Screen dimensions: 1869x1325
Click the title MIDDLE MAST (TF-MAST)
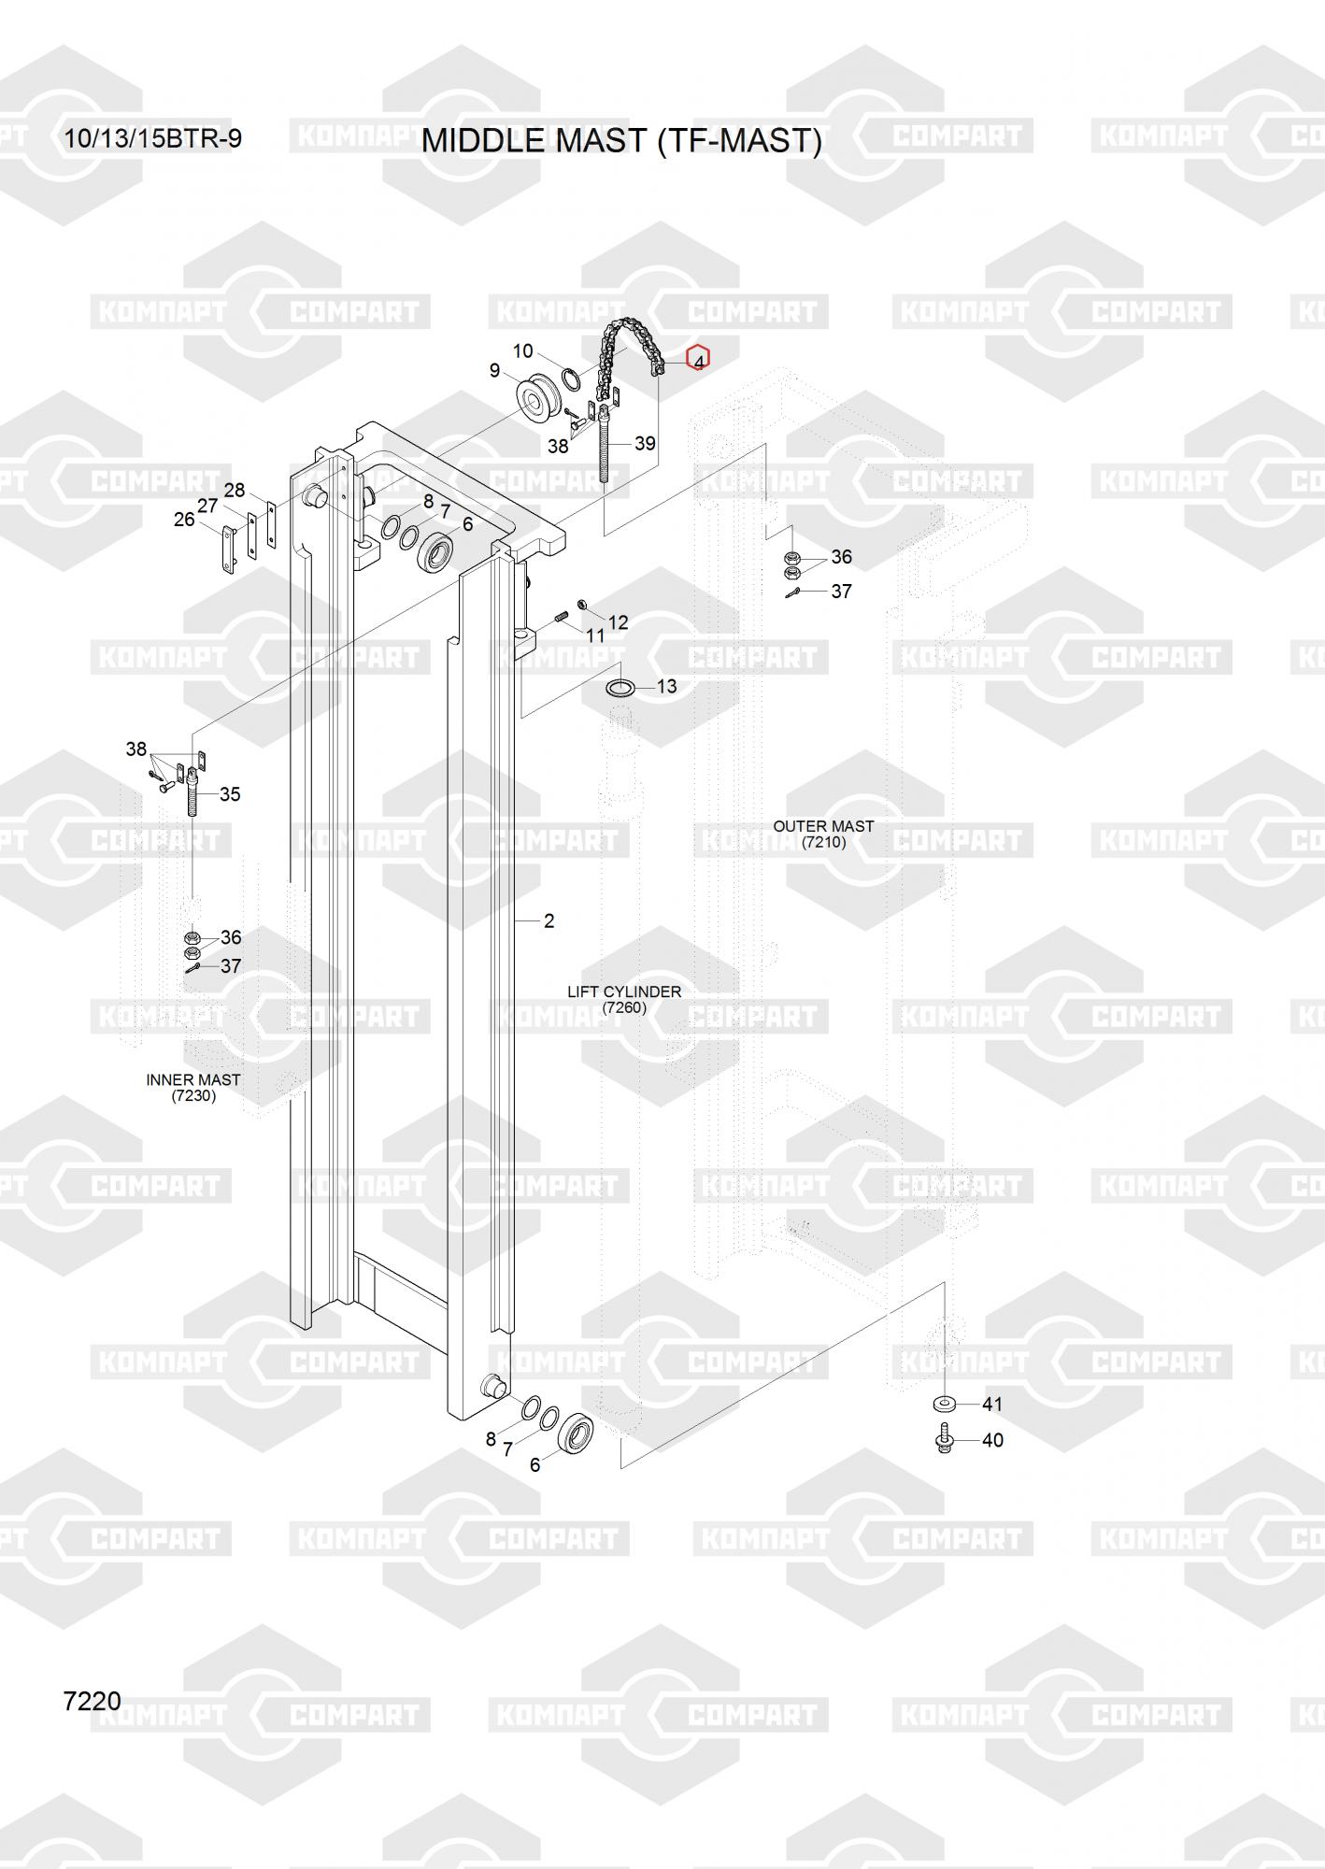tap(621, 140)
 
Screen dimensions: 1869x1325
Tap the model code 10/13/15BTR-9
tap(152, 138)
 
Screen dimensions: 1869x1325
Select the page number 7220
tap(92, 1701)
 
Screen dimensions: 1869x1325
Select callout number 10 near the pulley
tap(522, 351)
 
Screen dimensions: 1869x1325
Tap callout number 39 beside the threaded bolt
tap(645, 443)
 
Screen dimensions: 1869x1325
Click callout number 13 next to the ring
tap(666, 687)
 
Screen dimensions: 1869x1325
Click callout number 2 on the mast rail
tap(549, 921)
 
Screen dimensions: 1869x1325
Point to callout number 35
tap(230, 794)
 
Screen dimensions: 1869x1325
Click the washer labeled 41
tap(942, 1404)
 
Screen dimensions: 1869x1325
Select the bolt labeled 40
tap(943, 1439)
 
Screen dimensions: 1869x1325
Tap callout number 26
tap(184, 520)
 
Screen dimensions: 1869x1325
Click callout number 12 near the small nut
tap(619, 622)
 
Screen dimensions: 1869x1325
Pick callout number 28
tap(235, 490)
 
